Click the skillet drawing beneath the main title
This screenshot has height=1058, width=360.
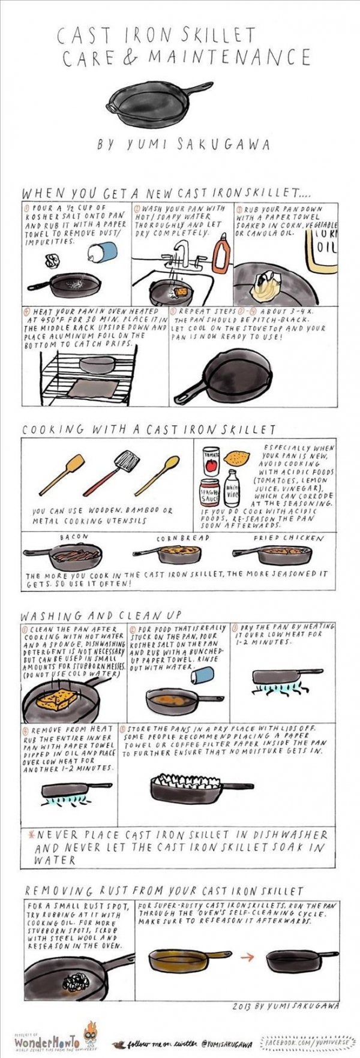coord(163,104)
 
